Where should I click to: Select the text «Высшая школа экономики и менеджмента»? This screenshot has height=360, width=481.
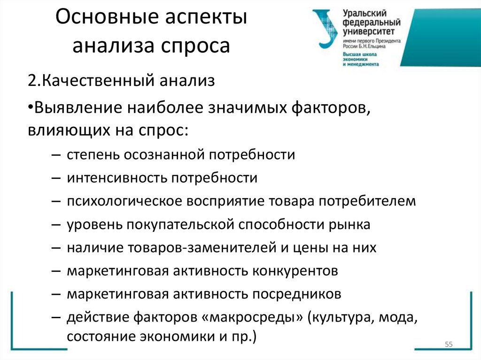pyautogui.click(x=361, y=59)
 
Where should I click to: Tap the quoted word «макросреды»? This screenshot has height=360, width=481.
pyautogui.click(x=251, y=318)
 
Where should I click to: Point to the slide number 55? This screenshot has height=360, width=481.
pyautogui.click(x=448, y=345)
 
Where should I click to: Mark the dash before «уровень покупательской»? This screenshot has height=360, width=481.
pyautogui.click(x=56, y=224)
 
